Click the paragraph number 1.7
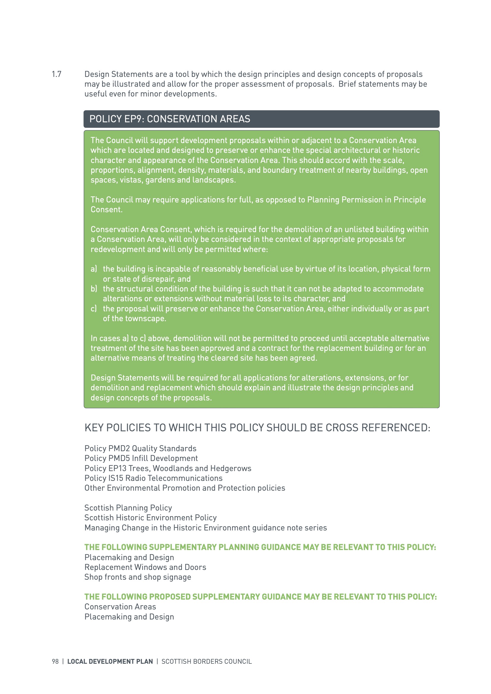[x=56, y=74]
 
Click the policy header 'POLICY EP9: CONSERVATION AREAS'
[x=170, y=119]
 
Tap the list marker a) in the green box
[x=94, y=269]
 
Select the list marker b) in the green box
[x=94, y=289]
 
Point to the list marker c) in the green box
[x=94, y=309]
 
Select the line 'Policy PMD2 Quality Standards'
[x=140, y=448]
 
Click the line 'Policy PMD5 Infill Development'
[x=141, y=458]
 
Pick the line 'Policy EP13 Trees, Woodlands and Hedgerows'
[x=168, y=468]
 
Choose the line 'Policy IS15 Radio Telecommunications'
[x=153, y=478]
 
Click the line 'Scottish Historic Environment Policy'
[x=150, y=518]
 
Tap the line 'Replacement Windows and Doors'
[x=145, y=567]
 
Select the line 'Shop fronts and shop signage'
[x=138, y=577]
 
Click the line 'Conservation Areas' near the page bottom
[x=120, y=607]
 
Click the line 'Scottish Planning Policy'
[x=128, y=508]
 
